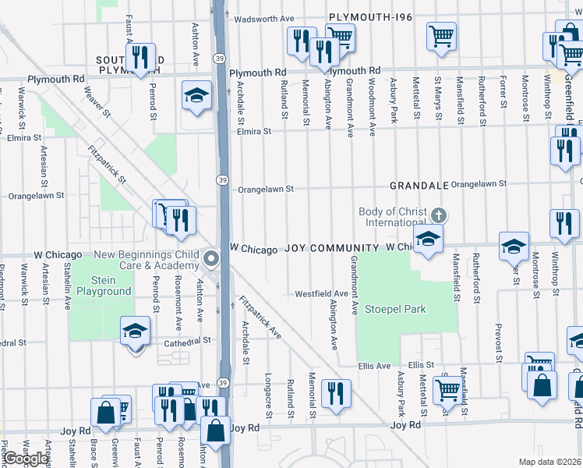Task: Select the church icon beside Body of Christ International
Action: click(439, 214)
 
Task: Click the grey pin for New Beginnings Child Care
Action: click(210, 259)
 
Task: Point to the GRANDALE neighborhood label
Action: click(419, 186)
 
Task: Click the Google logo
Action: click(25, 459)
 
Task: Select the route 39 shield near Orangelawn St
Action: click(222, 180)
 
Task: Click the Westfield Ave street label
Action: click(321, 294)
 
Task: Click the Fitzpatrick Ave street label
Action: click(260, 317)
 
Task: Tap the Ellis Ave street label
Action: click(374, 365)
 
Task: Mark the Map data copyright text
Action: click(550, 462)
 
